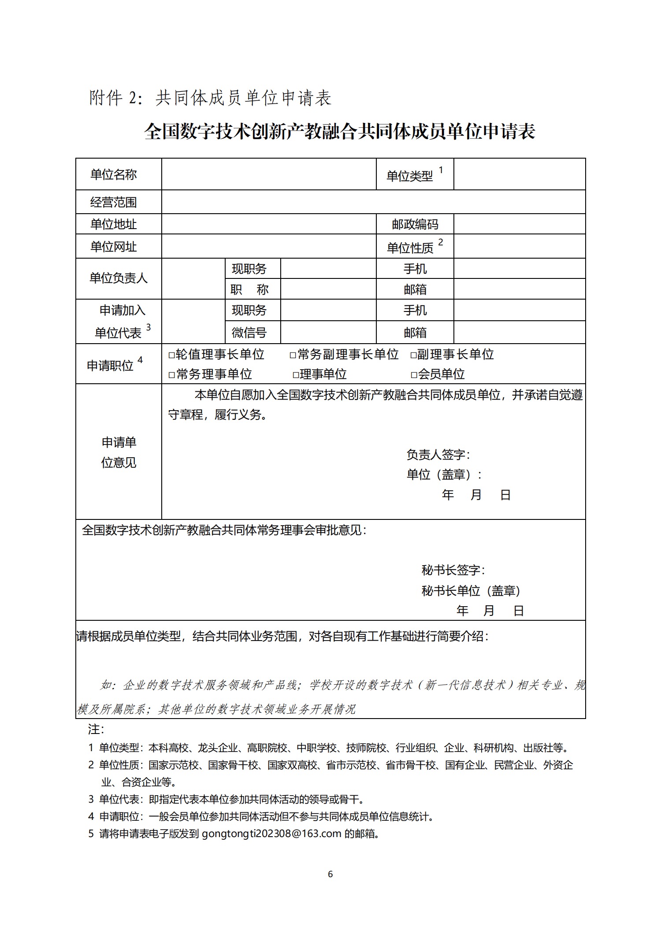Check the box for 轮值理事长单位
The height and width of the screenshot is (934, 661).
[x=172, y=355]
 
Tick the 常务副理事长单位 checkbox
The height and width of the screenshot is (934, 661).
[x=293, y=355]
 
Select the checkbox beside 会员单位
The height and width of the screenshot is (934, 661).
[x=414, y=375]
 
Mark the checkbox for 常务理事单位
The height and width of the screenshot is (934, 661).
[x=172, y=375]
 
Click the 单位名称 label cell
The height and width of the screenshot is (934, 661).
[x=114, y=174]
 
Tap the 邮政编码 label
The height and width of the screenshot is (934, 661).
[x=415, y=224]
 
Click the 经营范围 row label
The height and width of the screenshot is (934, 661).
[x=114, y=202]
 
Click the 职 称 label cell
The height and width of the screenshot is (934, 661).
[x=249, y=289]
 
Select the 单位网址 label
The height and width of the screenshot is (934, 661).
[x=114, y=246]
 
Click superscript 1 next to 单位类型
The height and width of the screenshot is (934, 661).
[x=441, y=170]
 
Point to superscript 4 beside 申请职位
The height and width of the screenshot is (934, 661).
[x=140, y=360]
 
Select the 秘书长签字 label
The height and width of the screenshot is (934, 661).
[x=453, y=570]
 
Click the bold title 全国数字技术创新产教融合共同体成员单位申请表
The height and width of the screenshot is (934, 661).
[x=340, y=132]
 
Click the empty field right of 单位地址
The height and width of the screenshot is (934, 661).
[x=269, y=224]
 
